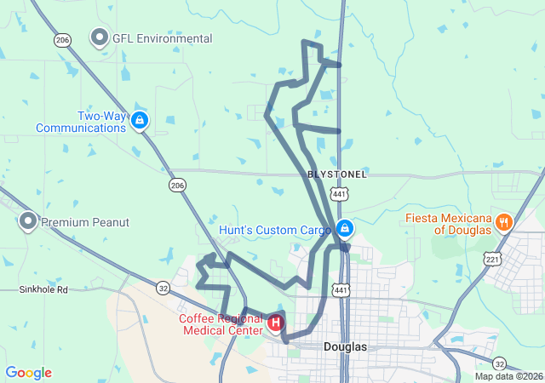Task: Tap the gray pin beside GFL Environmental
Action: (x=100, y=38)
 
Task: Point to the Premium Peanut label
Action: (x=85, y=222)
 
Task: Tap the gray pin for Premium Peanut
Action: (x=27, y=222)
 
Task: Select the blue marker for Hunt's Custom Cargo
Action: (x=345, y=229)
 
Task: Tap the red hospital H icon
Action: (x=276, y=323)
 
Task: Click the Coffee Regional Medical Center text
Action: (x=221, y=324)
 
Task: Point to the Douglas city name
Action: (x=345, y=347)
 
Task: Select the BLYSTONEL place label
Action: (x=337, y=174)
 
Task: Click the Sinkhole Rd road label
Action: (x=43, y=290)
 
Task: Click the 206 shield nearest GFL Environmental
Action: (x=61, y=40)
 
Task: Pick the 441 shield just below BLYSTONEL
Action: (x=341, y=195)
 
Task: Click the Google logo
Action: (x=28, y=373)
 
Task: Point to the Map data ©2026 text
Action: (x=508, y=376)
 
